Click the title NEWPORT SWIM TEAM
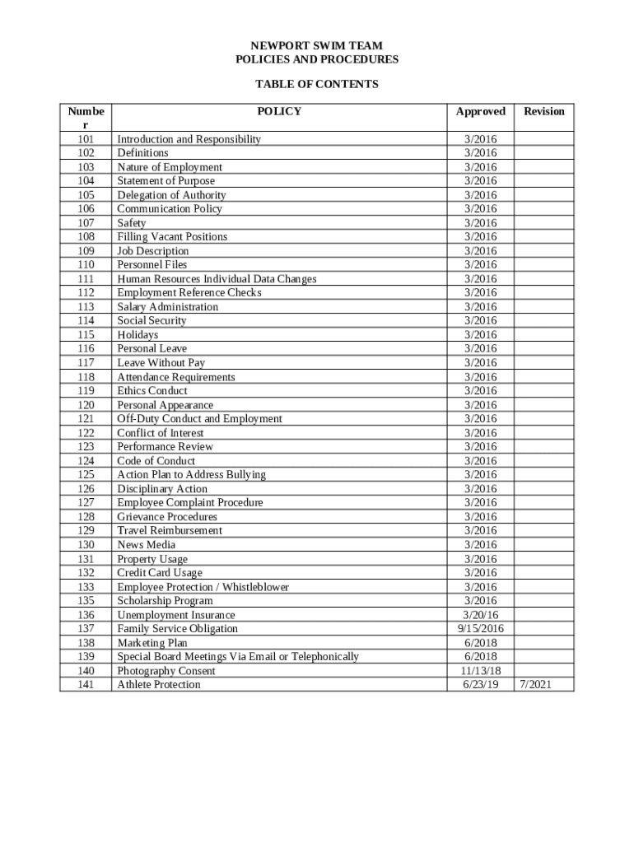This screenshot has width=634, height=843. point(316,46)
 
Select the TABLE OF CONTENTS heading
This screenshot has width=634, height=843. point(316,84)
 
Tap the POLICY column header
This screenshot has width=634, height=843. point(279,111)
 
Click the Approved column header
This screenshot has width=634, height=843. point(481,111)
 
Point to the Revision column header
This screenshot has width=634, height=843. point(544,111)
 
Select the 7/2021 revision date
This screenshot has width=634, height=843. point(544,684)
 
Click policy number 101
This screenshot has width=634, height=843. point(86,139)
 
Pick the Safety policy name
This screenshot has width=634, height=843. point(132,223)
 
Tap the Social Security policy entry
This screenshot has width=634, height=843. point(152,320)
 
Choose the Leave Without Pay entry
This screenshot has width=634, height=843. point(161,362)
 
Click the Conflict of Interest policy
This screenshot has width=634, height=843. point(160,432)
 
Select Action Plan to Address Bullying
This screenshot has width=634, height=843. point(191,474)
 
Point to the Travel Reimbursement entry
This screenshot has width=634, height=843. point(170,530)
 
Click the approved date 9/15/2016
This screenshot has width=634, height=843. point(481,628)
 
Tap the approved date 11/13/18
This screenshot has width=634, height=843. point(481,670)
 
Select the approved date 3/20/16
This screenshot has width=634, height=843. point(481,615)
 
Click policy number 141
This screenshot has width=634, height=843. point(86,684)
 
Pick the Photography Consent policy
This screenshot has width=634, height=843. point(165,670)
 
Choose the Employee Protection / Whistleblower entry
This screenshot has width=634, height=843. point(203,587)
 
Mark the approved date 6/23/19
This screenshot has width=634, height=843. point(481,684)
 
